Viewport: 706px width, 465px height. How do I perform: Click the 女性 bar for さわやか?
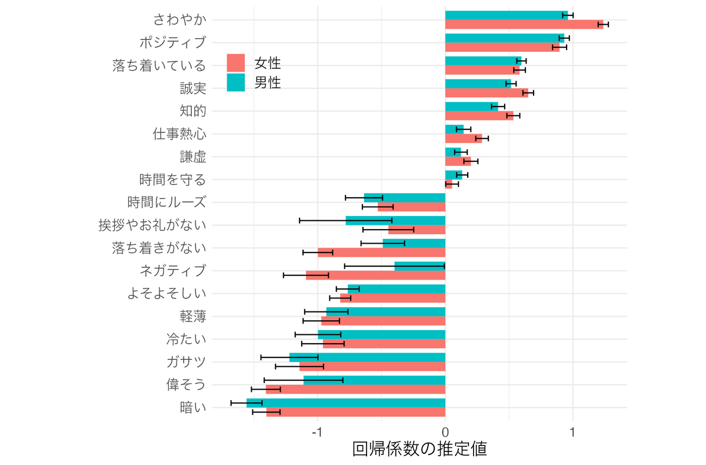click(524, 24)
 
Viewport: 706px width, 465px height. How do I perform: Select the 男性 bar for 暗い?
click(346, 403)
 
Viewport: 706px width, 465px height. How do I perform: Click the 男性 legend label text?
click(268, 82)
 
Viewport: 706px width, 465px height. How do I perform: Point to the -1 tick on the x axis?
click(318, 432)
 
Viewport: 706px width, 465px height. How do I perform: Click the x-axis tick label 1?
click(572, 432)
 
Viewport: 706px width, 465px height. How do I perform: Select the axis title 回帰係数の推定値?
click(419, 449)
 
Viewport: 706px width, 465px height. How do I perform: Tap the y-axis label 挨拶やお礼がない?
click(152, 225)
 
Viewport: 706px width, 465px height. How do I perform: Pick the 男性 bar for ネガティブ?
click(419, 266)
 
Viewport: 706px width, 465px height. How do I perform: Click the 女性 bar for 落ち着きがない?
click(381, 253)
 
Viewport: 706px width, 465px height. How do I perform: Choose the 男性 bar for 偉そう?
click(374, 380)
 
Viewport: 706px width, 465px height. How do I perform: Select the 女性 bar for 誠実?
click(487, 92)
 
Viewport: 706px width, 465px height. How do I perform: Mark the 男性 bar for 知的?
click(471, 107)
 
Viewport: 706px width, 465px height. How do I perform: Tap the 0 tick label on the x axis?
click(445, 432)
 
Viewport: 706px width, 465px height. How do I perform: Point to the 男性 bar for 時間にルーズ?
click(405, 198)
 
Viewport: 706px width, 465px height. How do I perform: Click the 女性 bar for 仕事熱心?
click(464, 138)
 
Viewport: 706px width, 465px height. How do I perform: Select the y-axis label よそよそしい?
click(166, 293)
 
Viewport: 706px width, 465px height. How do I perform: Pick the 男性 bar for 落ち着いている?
click(483, 61)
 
